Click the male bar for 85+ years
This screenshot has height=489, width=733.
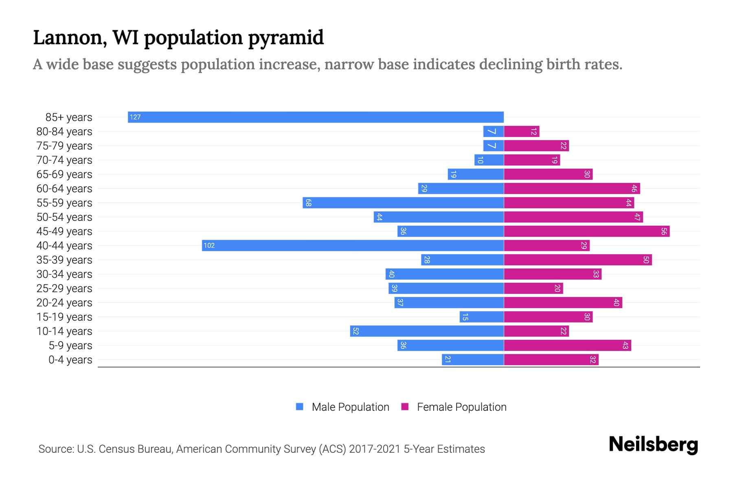pyautogui.click(x=316, y=117)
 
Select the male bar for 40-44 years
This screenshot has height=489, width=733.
pyautogui.click(x=353, y=245)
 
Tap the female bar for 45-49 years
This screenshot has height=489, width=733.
pyautogui.click(x=586, y=231)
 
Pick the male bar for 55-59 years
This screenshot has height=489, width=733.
pyautogui.click(x=403, y=203)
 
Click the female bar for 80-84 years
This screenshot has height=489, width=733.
pyautogui.click(x=521, y=131)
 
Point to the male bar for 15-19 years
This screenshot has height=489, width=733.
pyautogui.click(x=482, y=317)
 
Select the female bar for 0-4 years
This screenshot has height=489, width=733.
pyautogui.click(x=551, y=359)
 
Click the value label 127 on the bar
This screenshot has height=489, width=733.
pyautogui.click(x=135, y=117)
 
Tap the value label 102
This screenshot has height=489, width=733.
pyautogui.click(x=209, y=245)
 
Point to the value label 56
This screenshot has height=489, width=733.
pyautogui.click(x=664, y=231)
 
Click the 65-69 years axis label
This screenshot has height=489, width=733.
pyautogui.click(x=64, y=174)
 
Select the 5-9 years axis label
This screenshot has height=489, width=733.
pyautogui.click(x=70, y=346)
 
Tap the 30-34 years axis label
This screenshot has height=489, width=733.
pyautogui.click(x=64, y=274)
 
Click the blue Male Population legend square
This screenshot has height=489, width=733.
pyautogui.click(x=300, y=407)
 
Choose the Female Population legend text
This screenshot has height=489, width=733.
pyautogui.click(x=461, y=407)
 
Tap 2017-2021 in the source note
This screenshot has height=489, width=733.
pyautogui.click(x=375, y=449)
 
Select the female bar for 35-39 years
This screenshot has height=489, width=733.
pyautogui.click(x=577, y=260)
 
